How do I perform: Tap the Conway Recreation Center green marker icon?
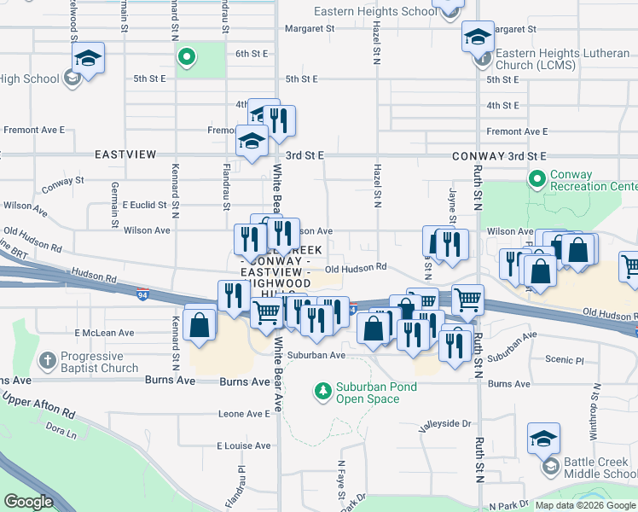click(537, 180)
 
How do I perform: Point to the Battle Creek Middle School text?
click(600, 468)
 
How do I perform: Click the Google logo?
click(29, 502)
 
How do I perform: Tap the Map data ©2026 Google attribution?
click(585, 505)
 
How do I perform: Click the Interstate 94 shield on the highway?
click(142, 294)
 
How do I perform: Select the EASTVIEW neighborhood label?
click(125, 154)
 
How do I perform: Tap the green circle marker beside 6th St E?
click(187, 58)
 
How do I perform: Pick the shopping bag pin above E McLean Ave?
click(200, 325)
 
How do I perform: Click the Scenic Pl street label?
click(568, 361)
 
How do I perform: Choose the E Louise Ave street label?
click(244, 445)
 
